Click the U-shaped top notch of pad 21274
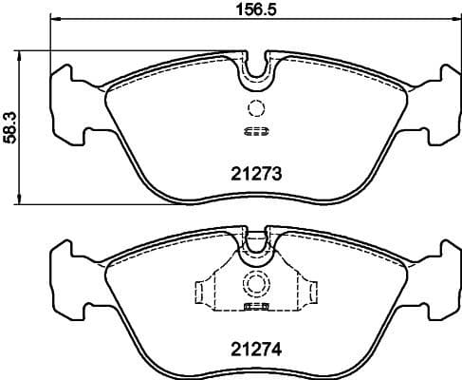tap(254, 244)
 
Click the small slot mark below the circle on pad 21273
tap(254, 131)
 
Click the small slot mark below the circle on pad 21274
tap(254, 307)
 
